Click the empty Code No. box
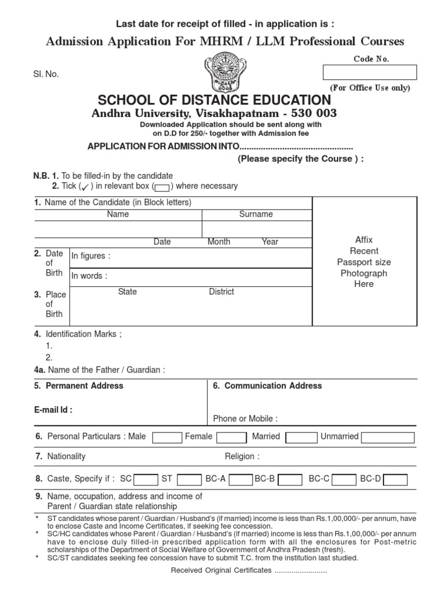click(x=370, y=72)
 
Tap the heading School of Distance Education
click(x=214, y=100)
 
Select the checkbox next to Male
click(x=167, y=438)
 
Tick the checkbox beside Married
click(x=301, y=438)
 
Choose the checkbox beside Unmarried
click(x=388, y=438)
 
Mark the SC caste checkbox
click(x=146, y=480)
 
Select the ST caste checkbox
click(x=189, y=480)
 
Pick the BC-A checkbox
click(x=240, y=480)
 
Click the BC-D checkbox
click(x=396, y=480)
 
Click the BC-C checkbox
click(x=344, y=480)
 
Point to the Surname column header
click(x=256, y=214)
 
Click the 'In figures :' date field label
click(x=91, y=256)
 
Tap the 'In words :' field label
click(x=90, y=276)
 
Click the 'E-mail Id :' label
click(x=54, y=410)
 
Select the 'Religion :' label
click(x=242, y=456)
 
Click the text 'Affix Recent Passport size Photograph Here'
click(x=364, y=262)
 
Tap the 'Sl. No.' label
click(x=46, y=74)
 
